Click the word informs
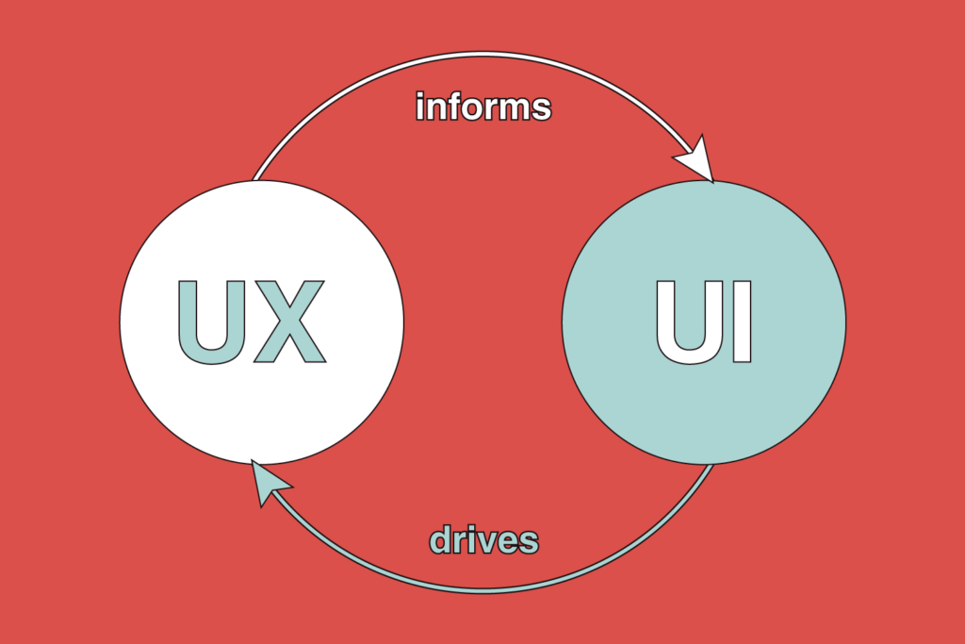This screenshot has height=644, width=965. pyautogui.click(x=483, y=106)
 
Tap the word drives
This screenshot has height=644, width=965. pyautogui.click(x=484, y=540)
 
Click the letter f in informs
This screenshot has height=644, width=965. pyautogui.click(x=453, y=106)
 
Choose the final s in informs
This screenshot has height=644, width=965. pyautogui.click(x=541, y=108)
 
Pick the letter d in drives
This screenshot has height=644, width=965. pyautogui.click(x=441, y=540)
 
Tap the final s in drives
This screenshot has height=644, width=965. pyautogui.click(x=529, y=542)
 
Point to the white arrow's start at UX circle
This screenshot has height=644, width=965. pyautogui.click(x=256, y=177)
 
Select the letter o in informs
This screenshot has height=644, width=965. pyautogui.click(x=469, y=108)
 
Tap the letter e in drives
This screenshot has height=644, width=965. pyautogui.click(x=506, y=542)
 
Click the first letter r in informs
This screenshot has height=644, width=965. pyautogui.click(x=487, y=108)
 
